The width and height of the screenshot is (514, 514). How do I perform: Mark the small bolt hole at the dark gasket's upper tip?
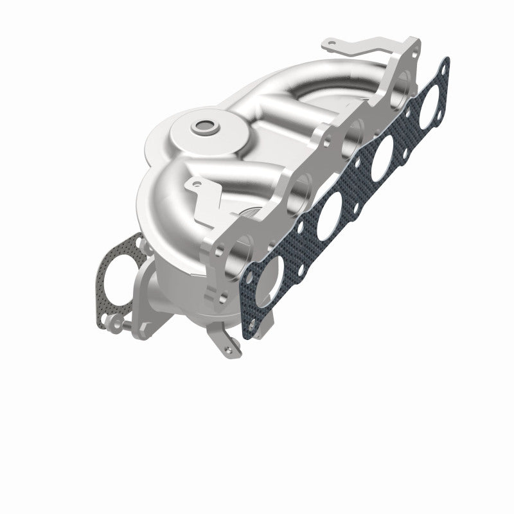(x=443, y=65)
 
